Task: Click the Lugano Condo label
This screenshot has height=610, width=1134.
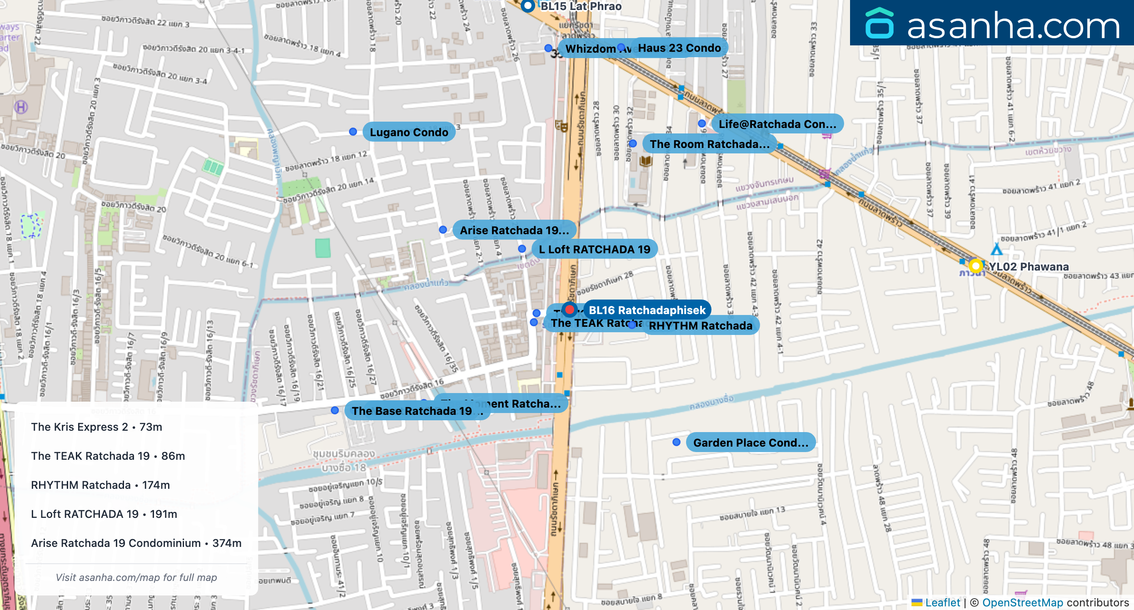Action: [409, 132]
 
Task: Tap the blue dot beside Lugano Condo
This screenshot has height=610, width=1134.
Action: [353, 132]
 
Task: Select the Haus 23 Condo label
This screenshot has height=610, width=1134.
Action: [679, 48]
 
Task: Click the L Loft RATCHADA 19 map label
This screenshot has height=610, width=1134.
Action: [594, 249]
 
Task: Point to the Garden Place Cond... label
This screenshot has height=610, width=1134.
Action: [751, 443]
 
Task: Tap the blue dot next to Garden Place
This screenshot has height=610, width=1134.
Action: [676, 442]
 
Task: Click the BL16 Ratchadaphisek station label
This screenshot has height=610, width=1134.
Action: [647, 310]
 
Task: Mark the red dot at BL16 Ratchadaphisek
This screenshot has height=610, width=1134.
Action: [569, 310]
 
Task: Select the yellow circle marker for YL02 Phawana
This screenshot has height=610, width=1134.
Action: [975, 266]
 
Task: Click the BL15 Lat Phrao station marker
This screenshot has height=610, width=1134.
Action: [528, 6]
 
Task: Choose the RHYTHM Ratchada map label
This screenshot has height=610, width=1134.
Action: [700, 325]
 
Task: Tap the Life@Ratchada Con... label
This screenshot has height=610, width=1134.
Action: [777, 124]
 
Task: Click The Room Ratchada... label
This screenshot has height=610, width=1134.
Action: [709, 144]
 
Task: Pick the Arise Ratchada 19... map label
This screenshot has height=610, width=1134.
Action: [514, 230]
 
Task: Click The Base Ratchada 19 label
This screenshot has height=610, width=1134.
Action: [412, 411]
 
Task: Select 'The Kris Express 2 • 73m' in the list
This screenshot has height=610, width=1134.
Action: [96, 427]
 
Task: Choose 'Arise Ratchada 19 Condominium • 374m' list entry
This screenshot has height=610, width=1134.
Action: [136, 543]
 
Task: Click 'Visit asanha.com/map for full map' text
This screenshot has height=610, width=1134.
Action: [136, 577]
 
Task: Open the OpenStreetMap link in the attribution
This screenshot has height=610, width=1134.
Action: [1022, 603]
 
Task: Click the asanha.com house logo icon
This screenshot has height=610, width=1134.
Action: [879, 23]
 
